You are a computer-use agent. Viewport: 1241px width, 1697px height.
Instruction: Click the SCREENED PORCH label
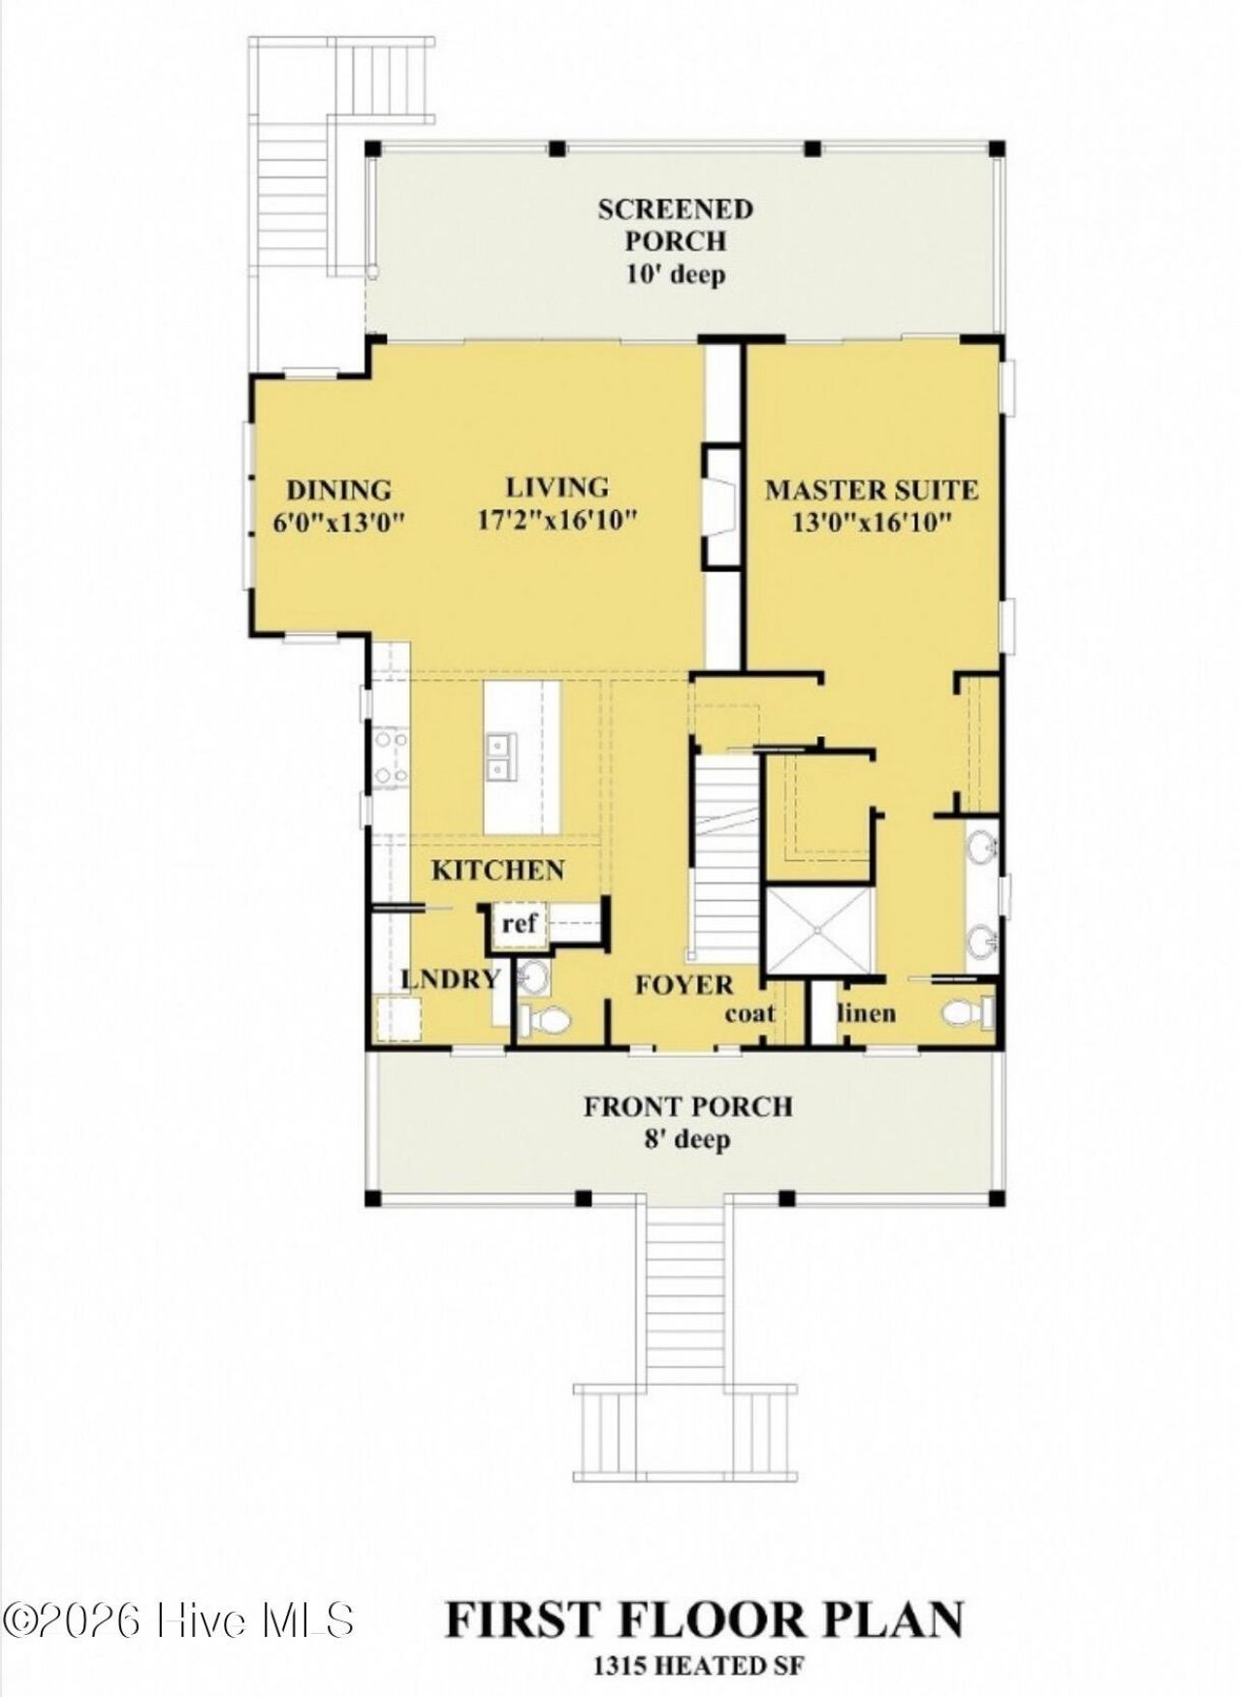pos(675,224)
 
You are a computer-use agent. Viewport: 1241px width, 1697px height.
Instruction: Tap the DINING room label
pos(338,490)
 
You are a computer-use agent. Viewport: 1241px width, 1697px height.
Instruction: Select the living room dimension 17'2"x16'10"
pos(557,520)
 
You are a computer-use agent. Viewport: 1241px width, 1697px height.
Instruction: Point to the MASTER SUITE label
pos(872,490)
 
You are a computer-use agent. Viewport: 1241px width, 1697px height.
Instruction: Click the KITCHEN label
pos(497,870)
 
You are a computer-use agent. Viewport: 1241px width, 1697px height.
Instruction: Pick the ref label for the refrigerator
pos(519,922)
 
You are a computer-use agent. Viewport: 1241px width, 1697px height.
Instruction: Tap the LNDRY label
pos(450,979)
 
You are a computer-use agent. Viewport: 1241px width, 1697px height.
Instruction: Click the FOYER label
pos(684,985)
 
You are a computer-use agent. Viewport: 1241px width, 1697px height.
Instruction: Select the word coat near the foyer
pos(750,1013)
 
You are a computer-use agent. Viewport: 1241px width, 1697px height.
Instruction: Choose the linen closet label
pos(867,1013)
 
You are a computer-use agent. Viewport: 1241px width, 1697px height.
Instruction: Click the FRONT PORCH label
pos(687,1106)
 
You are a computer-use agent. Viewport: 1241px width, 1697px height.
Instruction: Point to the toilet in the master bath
pos(966,1013)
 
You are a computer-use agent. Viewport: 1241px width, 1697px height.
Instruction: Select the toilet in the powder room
pos(544,1019)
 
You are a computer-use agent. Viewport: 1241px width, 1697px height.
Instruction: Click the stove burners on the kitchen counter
pos(391,757)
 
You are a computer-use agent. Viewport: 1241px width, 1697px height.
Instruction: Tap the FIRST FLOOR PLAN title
pos(705,1620)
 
